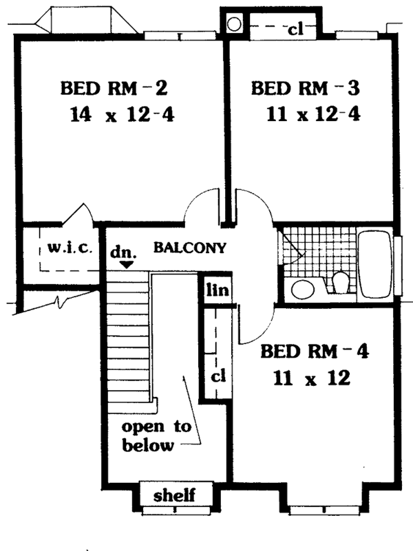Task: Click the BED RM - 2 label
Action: click(114, 89)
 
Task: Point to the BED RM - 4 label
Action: click(315, 352)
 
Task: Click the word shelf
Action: click(175, 494)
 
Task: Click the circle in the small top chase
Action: click(234, 25)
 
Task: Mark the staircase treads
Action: click(129, 337)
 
